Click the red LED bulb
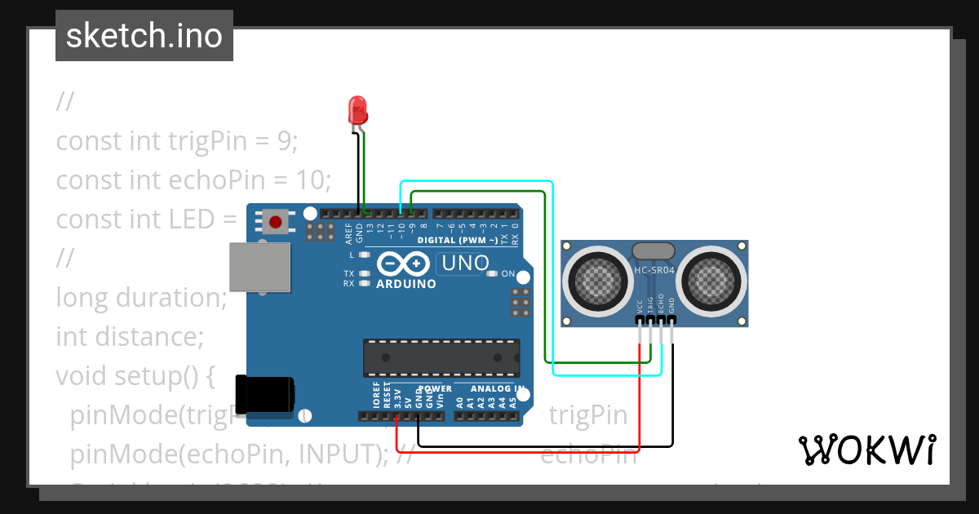(357, 109)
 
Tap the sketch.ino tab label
(144, 36)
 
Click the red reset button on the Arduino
(277, 220)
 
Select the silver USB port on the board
(259, 267)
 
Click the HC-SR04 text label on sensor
(653, 270)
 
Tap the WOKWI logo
(866, 450)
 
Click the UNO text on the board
(465, 263)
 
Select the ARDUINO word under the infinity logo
(405, 284)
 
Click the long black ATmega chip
(441, 358)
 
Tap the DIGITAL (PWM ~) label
(457, 240)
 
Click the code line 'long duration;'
(141, 297)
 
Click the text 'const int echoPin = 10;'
(193, 179)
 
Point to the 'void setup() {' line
(135, 376)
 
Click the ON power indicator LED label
(507, 273)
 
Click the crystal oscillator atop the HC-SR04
(653, 250)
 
